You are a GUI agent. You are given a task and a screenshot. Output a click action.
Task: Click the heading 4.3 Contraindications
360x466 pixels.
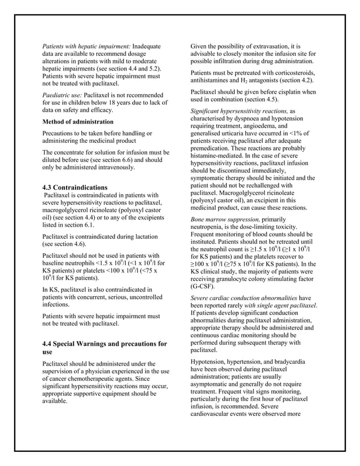pos(74,187)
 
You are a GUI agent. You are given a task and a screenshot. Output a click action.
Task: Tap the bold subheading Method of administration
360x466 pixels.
pos(78,121)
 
